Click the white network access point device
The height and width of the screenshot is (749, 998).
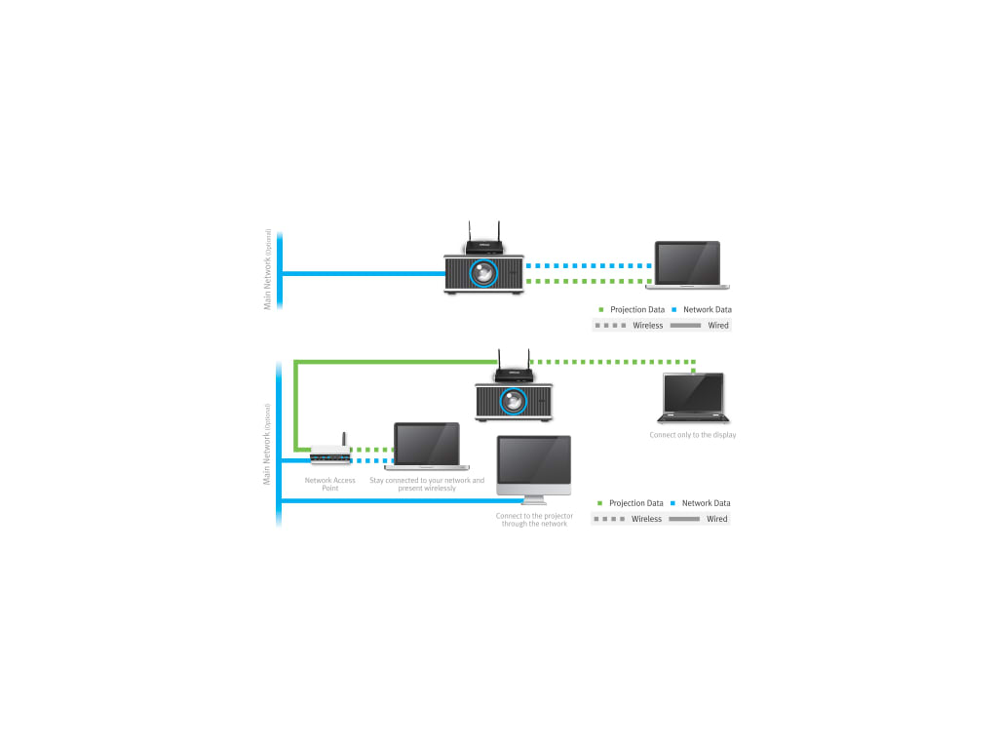(x=330, y=455)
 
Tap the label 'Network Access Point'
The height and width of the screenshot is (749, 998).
(x=330, y=484)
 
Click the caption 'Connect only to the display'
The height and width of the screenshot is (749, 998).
(x=693, y=435)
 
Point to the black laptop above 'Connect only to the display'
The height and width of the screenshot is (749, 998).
(x=693, y=397)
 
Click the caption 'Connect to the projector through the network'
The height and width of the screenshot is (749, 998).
(x=534, y=520)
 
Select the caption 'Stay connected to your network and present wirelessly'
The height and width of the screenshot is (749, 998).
(x=427, y=484)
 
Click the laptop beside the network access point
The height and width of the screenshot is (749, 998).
(x=427, y=446)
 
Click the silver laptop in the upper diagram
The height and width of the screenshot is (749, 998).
(x=688, y=264)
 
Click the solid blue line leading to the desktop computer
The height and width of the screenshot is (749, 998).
(x=390, y=501)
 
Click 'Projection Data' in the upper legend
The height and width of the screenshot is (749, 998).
(x=636, y=309)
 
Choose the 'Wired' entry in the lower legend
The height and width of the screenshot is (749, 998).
(x=717, y=519)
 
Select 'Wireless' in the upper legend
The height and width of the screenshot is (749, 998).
(x=648, y=326)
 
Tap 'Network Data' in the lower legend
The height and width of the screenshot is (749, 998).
(x=706, y=503)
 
